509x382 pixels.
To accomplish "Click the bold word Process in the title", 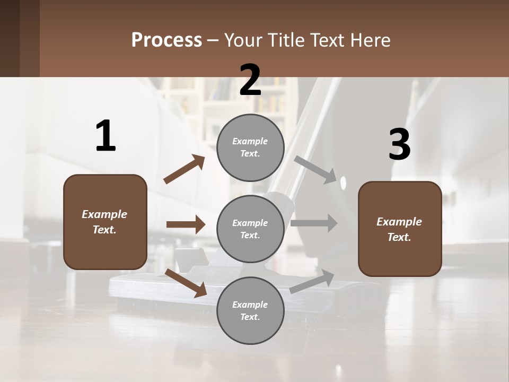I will click(x=166, y=40).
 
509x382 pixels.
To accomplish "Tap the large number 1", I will click(x=106, y=136).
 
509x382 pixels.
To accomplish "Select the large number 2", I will click(x=250, y=80).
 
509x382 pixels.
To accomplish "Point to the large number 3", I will click(x=399, y=145).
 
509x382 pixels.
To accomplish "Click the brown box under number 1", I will click(x=105, y=222).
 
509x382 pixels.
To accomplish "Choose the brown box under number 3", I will click(x=400, y=229).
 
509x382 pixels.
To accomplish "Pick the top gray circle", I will click(x=250, y=147).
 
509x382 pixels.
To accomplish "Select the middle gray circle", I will click(x=250, y=229).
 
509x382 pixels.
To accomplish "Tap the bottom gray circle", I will click(x=250, y=311).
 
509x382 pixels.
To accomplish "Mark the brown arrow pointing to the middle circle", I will click(x=186, y=224).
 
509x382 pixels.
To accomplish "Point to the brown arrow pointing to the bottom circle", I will click(x=186, y=282).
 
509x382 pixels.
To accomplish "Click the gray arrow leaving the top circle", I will click(x=315, y=169).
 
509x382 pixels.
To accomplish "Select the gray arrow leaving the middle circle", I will click(x=314, y=223).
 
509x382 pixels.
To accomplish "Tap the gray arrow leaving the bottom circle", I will click(x=312, y=281).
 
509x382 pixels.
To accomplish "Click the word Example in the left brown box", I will click(x=104, y=214).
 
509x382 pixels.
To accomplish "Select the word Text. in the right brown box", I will click(x=399, y=237).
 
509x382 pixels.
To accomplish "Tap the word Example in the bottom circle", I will click(x=250, y=305).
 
